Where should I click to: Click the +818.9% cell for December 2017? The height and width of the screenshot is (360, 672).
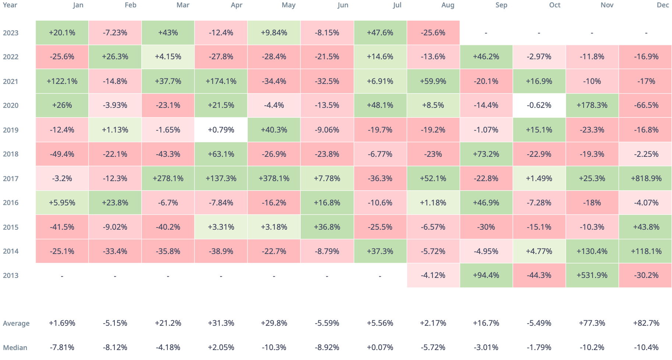(x=646, y=179)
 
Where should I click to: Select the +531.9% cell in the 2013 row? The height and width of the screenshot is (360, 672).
(x=592, y=275)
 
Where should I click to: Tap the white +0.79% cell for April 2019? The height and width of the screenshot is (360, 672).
(x=221, y=130)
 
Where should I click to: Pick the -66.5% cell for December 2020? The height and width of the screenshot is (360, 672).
(x=646, y=105)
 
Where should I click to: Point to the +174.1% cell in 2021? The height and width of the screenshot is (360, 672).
(x=221, y=81)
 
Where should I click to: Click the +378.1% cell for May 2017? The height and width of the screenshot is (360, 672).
(x=274, y=179)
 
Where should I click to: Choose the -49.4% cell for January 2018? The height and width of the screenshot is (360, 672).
(x=62, y=154)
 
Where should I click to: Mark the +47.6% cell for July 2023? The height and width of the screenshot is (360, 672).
(x=380, y=33)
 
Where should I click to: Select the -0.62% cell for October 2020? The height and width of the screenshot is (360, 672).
(x=539, y=105)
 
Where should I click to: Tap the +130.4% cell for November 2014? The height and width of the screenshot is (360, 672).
(x=592, y=251)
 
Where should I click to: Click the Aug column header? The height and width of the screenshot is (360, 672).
(x=448, y=5)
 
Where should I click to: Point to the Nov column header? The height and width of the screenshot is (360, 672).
(x=607, y=5)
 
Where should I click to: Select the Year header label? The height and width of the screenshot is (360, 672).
(x=10, y=5)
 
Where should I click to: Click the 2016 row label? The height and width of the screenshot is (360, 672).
(x=11, y=203)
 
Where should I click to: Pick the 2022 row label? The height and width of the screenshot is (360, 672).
(x=11, y=57)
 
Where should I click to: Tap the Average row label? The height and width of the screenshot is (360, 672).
(x=16, y=324)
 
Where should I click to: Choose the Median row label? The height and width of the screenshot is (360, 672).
(x=15, y=347)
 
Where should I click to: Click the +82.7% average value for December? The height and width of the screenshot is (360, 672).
(x=646, y=323)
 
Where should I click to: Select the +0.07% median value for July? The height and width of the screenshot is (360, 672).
(x=380, y=347)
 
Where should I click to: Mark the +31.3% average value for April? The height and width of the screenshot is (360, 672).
(x=221, y=323)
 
